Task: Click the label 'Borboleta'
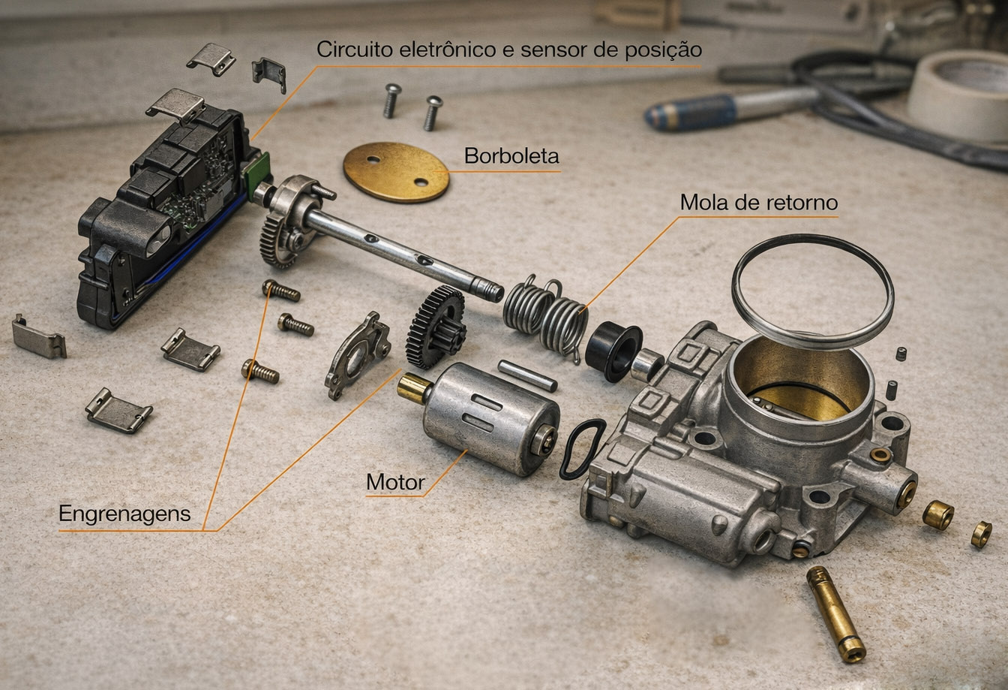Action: coord(511,156)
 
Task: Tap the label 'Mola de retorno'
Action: coord(759,202)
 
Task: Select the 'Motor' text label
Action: coord(395,482)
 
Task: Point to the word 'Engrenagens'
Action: coord(124,514)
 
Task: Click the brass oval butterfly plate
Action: coord(396,172)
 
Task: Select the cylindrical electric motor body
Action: coord(490,418)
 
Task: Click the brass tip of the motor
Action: coord(412,388)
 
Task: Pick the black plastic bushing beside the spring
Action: coord(613,351)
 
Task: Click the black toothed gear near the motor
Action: coord(435,327)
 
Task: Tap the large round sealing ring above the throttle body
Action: coord(813,291)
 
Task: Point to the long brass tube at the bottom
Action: coord(835,614)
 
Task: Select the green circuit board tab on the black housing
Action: coord(256,173)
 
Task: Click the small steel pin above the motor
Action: coord(527,375)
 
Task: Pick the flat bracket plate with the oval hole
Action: coord(358,355)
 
